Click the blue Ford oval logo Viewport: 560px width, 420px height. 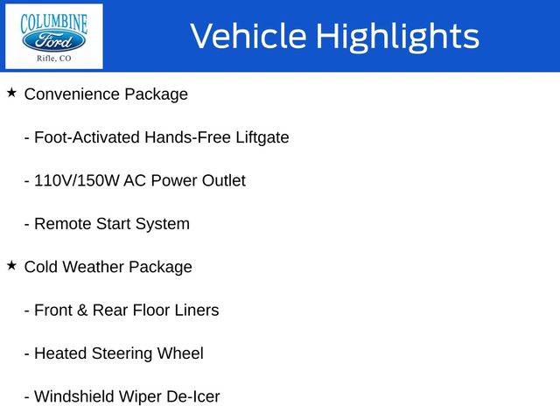tap(53, 41)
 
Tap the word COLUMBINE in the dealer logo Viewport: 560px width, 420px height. tap(53, 24)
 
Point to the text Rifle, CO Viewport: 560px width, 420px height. tap(54, 59)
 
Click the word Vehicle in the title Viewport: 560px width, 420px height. tap(248, 36)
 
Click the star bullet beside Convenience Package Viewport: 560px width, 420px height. tap(11, 93)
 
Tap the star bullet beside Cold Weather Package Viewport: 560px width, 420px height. tap(11, 265)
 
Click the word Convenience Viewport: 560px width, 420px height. tap(72, 94)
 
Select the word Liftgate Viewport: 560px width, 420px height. tap(262, 138)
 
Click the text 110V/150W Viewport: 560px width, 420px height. tap(76, 181)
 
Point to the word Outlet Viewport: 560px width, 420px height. tap(224, 181)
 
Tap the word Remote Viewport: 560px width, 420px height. tap(63, 224)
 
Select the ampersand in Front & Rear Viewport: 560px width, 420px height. tap(82, 311)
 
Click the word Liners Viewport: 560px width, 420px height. tap(197, 311)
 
